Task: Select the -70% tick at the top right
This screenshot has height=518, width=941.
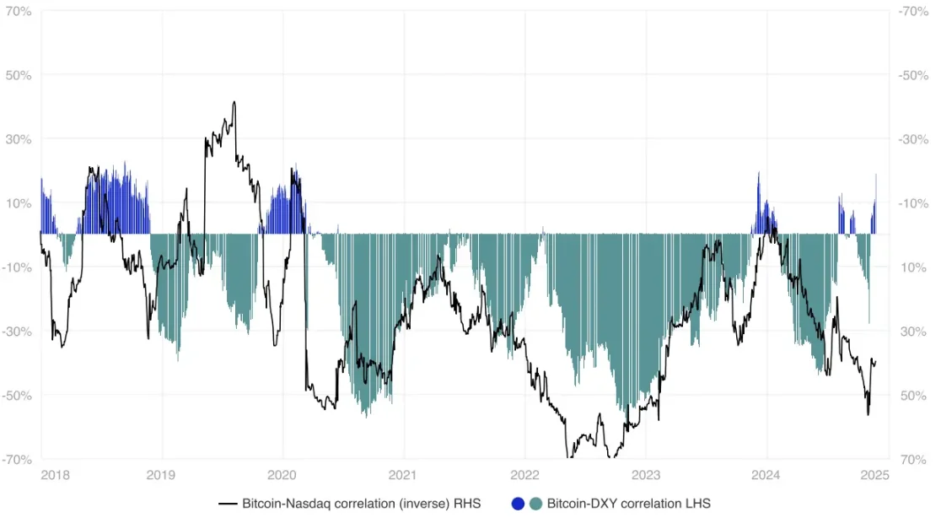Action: click(913, 11)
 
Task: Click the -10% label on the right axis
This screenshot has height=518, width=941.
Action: click(913, 203)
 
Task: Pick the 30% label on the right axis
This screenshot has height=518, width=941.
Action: click(912, 332)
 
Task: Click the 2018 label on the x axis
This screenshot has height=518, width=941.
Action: click(54, 477)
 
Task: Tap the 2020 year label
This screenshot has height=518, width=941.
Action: click(282, 477)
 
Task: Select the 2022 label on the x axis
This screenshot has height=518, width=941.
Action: click(524, 477)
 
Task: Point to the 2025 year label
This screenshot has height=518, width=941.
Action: click(876, 477)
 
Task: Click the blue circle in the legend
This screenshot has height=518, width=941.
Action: click(519, 504)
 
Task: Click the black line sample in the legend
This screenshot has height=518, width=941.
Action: click(227, 504)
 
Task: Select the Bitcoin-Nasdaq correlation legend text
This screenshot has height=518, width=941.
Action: click(361, 504)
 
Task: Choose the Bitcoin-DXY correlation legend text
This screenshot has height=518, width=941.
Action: click(628, 504)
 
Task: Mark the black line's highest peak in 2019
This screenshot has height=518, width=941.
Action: click(234, 102)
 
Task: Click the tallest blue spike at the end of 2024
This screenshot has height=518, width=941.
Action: click(876, 175)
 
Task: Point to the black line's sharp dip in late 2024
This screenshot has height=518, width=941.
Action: click(868, 414)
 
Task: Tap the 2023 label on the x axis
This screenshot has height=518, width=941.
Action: click(646, 477)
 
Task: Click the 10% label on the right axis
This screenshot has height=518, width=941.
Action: click(912, 267)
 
